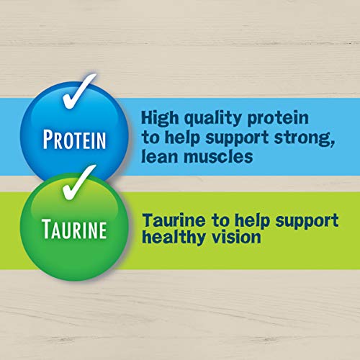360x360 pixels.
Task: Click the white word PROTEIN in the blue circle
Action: coord(74,139)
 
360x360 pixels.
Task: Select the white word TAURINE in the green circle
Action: coord(74,229)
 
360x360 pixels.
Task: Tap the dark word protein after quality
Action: coord(278,118)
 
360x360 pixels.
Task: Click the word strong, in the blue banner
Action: coord(305,138)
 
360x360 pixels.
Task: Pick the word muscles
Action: coord(218,156)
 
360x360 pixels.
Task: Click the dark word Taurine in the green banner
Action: coord(174,220)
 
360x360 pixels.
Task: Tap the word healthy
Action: coord(174,238)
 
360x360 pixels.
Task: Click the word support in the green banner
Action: coord(307,221)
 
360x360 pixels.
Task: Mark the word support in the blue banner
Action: coord(237,139)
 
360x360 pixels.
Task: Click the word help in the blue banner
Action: coord(182,138)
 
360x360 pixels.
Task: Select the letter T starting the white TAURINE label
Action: coord(46,229)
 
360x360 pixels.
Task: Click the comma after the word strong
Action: coord(332,143)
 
